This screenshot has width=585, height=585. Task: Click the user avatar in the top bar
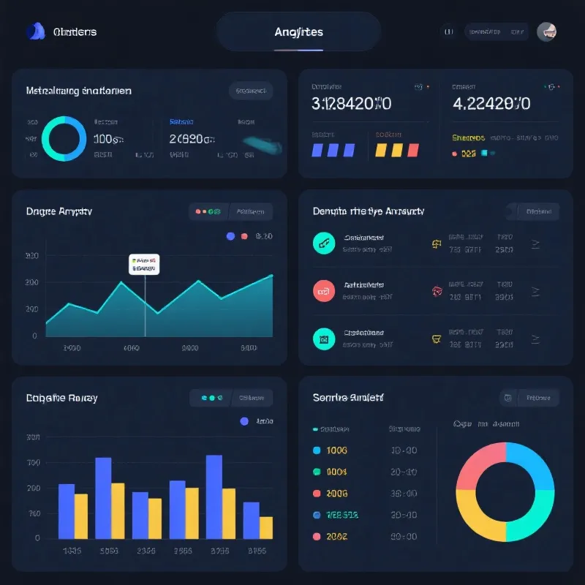[x=546, y=31]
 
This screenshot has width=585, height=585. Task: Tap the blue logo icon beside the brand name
[x=34, y=31]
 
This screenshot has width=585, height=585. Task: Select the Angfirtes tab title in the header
[x=298, y=32]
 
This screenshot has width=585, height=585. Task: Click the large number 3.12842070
[x=351, y=103]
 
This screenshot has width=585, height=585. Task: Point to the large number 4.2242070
[x=491, y=103]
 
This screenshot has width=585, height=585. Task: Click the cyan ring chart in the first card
[x=64, y=137]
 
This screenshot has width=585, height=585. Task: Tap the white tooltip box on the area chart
[x=144, y=264]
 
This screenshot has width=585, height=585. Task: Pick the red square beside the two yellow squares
[x=413, y=150]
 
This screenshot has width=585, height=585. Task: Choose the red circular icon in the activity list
[x=323, y=290]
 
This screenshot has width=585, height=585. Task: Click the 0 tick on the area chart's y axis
[x=34, y=336]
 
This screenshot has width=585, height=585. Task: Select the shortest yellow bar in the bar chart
[x=266, y=527]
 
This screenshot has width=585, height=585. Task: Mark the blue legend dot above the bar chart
[x=244, y=421]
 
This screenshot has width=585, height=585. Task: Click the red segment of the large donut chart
[x=478, y=466]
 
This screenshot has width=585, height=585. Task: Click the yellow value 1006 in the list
[x=337, y=450]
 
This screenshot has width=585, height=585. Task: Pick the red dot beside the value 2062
[x=317, y=536]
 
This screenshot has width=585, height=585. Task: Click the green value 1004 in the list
[x=337, y=472]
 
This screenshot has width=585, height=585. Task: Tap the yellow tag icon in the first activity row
[x=436, y=244]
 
